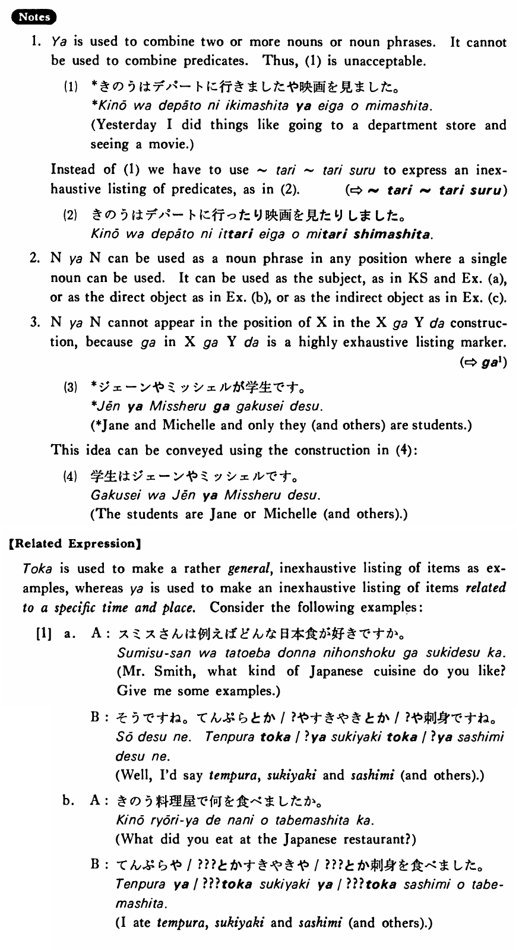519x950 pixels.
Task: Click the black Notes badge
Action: click(x=33, y=17)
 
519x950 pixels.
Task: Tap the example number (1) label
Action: click(x=71, y=87)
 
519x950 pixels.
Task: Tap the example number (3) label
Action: click(x=71, y=388)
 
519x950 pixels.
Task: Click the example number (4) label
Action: click(x=71, y=476)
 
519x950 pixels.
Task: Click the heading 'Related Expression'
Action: click(x=74, y=543)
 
